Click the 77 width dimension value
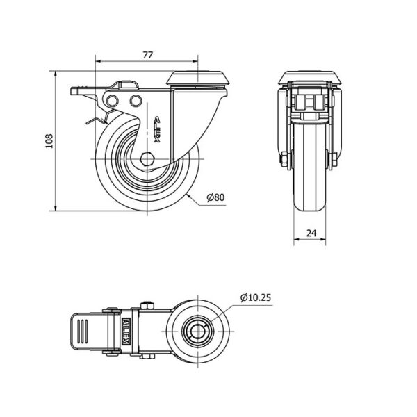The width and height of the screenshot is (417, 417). pyautogui.click(x=148, y=55)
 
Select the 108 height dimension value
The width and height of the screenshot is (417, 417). pyautogui.click(x=49, y=141)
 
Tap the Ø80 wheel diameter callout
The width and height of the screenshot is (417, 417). pyautogui.click(x=215, y=197)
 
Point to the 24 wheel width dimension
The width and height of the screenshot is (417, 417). pyautogui.click(x=311, y=233)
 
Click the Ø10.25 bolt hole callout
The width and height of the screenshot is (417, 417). pyautogui.click(x=256, y=297)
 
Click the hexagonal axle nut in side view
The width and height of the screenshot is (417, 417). pyautogui.click(x=147, y=159)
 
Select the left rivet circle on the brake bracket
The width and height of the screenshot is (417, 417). pyautogui.click(x=112, y=101)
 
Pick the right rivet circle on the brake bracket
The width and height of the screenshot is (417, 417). pyautogui.click(x=136, y=101)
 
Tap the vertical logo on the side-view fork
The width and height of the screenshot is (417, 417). pyautogui.click(x=157, y=129)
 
